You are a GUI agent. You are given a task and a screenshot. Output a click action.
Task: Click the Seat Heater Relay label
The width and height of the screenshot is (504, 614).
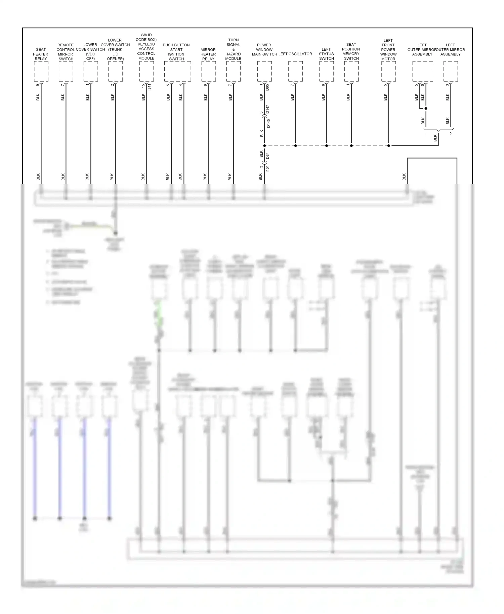pos(41,54)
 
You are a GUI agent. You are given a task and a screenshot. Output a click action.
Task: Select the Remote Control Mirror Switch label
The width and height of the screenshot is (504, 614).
pos(66,52)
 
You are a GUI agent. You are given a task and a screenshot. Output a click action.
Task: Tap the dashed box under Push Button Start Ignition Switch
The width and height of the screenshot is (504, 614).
pos(177,71)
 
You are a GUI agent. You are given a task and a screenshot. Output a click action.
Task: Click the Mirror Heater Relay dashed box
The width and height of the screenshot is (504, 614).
pos(208,71)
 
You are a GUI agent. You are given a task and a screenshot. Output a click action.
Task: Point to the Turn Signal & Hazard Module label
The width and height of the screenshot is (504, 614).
pos(233,49)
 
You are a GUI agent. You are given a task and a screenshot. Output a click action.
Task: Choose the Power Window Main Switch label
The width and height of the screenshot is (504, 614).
pos(264,49)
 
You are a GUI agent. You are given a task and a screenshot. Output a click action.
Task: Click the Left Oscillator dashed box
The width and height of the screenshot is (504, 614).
pos(295,71)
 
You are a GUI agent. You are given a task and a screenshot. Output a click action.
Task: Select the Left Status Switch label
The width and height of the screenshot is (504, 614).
pos(326,54)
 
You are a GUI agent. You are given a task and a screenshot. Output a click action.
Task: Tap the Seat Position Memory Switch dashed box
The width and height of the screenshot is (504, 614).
pos(351,71)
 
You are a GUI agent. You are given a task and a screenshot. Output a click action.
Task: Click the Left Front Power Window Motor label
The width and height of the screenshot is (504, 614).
pos(388,49)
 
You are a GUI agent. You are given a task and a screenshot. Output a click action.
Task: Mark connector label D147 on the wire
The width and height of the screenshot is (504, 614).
pos(268,109)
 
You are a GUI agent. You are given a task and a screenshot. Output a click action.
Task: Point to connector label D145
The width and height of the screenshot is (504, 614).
pos(268,123)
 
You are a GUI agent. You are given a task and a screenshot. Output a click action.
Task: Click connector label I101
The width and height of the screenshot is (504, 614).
pos(268,168)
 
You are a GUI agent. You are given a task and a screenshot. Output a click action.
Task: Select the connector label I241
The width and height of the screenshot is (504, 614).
pos(150,86)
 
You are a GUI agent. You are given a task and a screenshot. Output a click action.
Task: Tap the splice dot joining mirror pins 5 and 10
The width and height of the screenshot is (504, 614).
pos(426,108)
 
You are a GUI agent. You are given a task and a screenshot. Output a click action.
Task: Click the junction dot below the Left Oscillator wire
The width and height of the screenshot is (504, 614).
pos(295,146)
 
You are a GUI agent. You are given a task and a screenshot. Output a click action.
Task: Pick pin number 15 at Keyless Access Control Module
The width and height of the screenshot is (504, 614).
pos(143,86)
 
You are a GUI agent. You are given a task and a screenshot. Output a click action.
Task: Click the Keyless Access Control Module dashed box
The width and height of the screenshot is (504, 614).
pos(146,71)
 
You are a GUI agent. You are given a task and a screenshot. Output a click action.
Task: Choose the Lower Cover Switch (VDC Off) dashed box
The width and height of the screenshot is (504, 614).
pos(91,71)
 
